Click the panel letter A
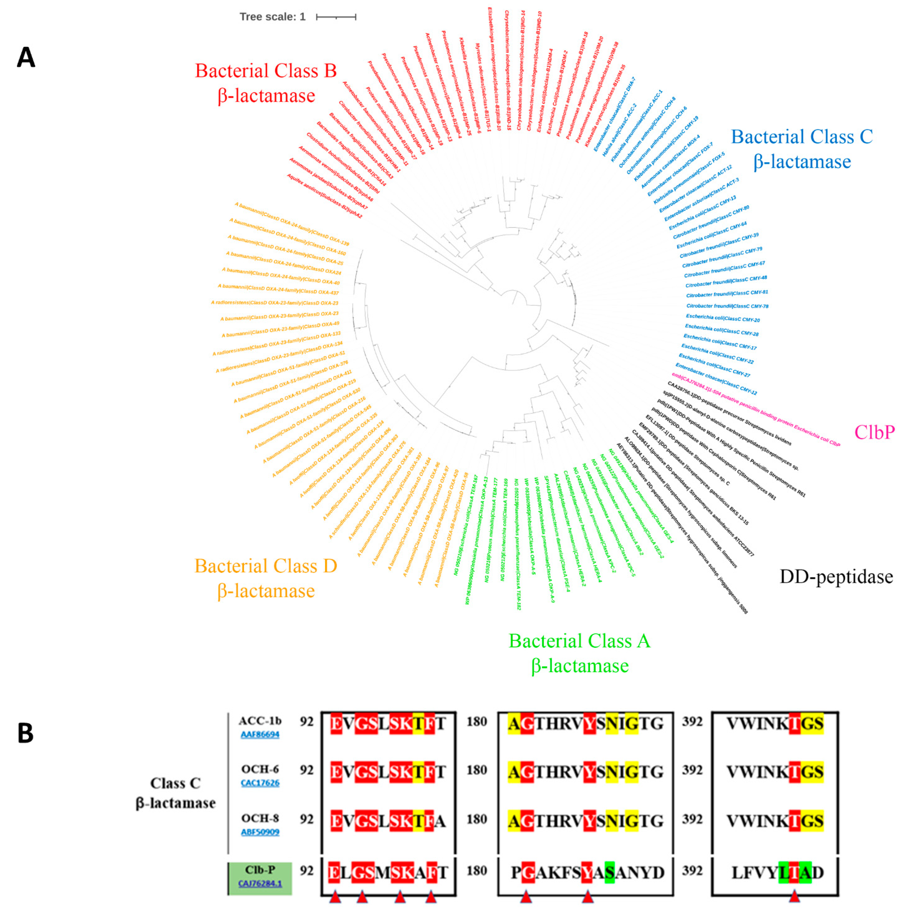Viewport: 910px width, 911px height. tap(26, 57)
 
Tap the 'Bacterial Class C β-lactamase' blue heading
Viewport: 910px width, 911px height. tap(802, 149)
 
